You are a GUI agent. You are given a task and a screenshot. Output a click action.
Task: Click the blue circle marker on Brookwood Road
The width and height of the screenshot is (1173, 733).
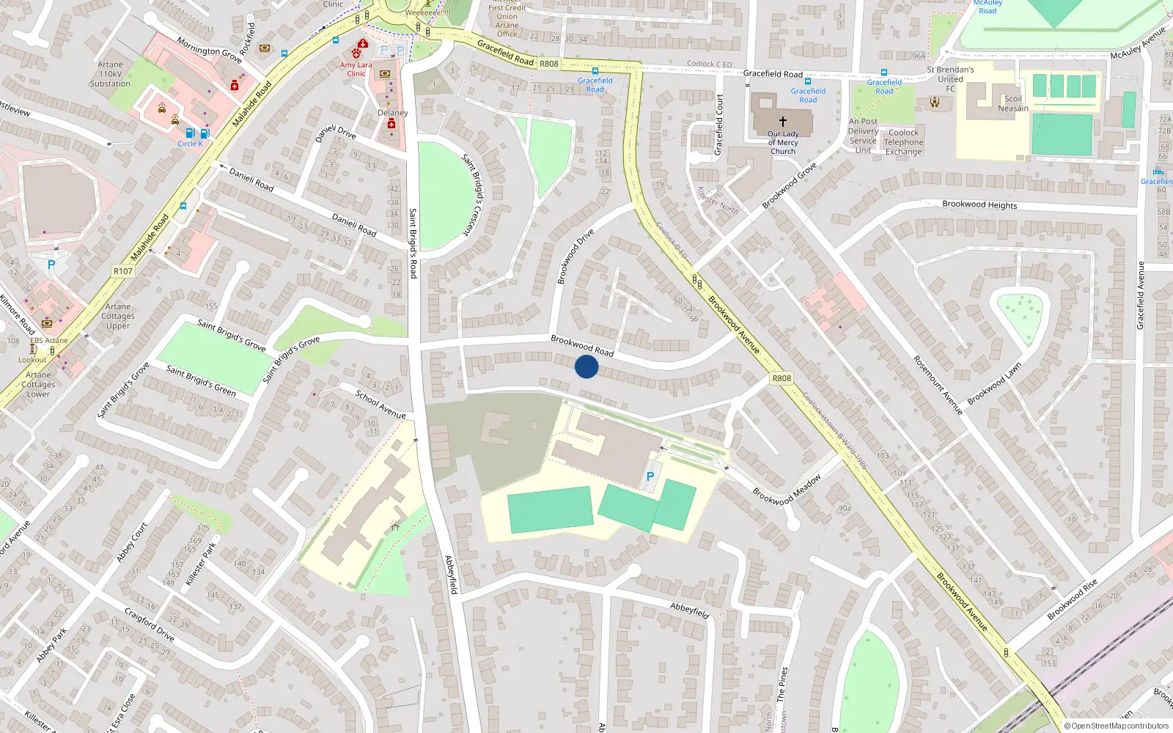(x=586, y=366)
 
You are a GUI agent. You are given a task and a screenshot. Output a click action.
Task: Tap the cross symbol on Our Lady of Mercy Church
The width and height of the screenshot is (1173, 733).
(x=783, y=122)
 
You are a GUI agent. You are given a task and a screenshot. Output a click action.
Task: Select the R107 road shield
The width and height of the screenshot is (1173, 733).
(x=123, y=271)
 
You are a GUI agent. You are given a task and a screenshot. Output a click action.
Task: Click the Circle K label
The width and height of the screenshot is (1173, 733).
(x=190, y=144)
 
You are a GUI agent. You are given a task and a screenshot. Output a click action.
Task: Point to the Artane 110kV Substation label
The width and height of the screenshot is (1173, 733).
(x=110, y=74)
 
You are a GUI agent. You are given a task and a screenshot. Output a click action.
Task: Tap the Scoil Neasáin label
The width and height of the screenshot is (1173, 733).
(x=1013, y=103)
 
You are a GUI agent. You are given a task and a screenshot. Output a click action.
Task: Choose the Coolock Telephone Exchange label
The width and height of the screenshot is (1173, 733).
(x=903, y=142)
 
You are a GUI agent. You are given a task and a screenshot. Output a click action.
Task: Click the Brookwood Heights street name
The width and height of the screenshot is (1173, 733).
(x=979, y=205)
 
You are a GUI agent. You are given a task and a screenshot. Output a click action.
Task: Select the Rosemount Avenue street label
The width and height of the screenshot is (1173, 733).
(x=938, y=385)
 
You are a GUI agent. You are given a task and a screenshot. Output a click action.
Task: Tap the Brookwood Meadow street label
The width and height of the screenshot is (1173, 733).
(x=787, y=489)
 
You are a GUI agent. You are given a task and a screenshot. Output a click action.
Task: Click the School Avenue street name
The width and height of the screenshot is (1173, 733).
(x=380, y=405)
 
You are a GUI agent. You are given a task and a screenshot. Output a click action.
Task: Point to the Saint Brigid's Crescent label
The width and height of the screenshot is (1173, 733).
(x=473, y=194)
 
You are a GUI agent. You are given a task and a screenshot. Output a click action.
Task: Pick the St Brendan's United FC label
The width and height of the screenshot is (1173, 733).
(x=950, y=79)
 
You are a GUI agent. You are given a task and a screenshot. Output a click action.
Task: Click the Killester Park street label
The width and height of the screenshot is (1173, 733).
(x=201, y=564)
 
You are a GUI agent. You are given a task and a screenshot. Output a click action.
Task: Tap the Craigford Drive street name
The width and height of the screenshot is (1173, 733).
(x=150, y=624)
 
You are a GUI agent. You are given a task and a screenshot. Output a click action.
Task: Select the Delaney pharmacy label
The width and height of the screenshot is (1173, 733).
(x=392, y=113)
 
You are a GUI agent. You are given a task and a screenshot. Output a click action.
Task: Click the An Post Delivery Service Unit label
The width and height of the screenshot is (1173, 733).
(x=863, y=136)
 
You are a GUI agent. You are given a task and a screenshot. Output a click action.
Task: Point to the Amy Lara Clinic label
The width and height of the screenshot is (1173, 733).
(x=356, y=69)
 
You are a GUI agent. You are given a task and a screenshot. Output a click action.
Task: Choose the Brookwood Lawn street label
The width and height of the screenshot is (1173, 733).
(x=994, y=383)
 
